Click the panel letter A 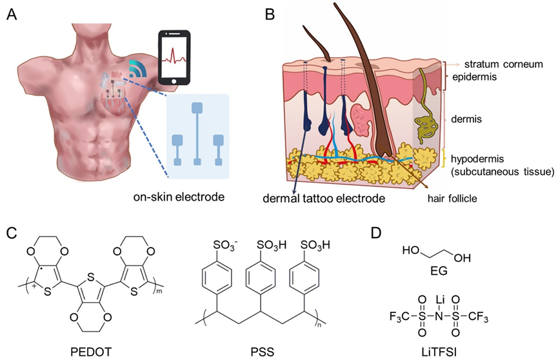(12, 14)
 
